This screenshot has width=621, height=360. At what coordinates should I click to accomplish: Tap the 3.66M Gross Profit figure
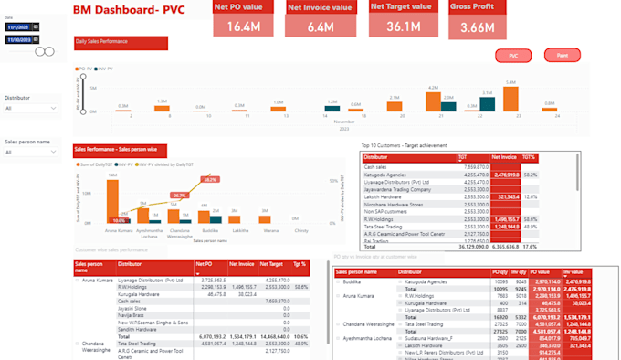pos(479,27)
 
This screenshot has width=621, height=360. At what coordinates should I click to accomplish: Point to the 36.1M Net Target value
pos(403,27)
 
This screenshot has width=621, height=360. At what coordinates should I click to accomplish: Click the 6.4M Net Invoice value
pos(320,27)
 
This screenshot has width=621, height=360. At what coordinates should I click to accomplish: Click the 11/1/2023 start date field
pos(17,27)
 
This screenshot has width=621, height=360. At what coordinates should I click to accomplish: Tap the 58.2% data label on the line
pos(210,180)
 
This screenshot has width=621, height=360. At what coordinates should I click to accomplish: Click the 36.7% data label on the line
pos(180,195)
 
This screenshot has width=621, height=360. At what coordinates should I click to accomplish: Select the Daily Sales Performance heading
pos(119,42)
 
